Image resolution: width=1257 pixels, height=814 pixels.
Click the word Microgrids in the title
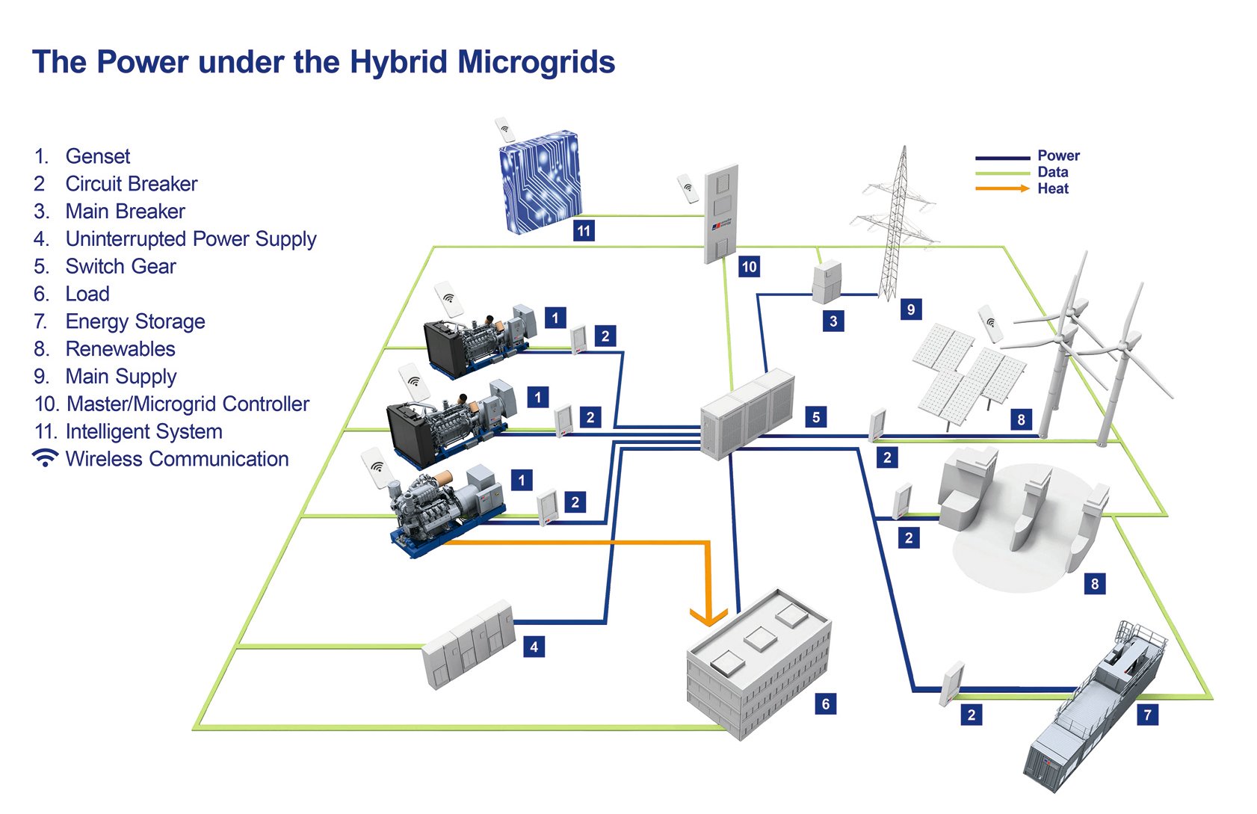(x=536, y=62)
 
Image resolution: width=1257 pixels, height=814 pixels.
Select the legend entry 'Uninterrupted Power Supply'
(x=191, y=239)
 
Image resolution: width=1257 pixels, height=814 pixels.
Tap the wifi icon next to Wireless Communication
(x=46, y=458)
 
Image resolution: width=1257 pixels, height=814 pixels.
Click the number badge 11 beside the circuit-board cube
(x=584, y=231)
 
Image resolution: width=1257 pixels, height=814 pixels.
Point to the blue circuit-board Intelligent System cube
(x=540, y=182)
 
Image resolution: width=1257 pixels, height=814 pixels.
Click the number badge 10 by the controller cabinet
(x=749, y=267)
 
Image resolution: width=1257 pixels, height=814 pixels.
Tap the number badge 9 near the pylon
(x=910, y=309)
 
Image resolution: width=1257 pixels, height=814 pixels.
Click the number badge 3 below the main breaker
(x=833, y=321)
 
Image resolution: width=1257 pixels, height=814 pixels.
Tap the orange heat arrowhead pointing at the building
(x=708, y=616)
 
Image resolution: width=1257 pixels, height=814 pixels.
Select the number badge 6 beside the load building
(x=825, y=703)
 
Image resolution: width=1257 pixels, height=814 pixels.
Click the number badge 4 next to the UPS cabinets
(x=534, y=647)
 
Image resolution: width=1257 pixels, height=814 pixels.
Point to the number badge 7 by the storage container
(x=1148, y=715)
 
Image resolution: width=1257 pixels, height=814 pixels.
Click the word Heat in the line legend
(x=1052, y=189)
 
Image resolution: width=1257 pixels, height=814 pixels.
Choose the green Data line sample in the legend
(x=1001, y=173)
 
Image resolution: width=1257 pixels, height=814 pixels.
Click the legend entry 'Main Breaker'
(x=125, y=212)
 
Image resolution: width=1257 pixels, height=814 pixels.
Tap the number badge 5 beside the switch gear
(x=816, y=417)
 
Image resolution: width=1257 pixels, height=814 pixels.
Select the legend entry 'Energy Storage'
(x=135, y=321)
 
